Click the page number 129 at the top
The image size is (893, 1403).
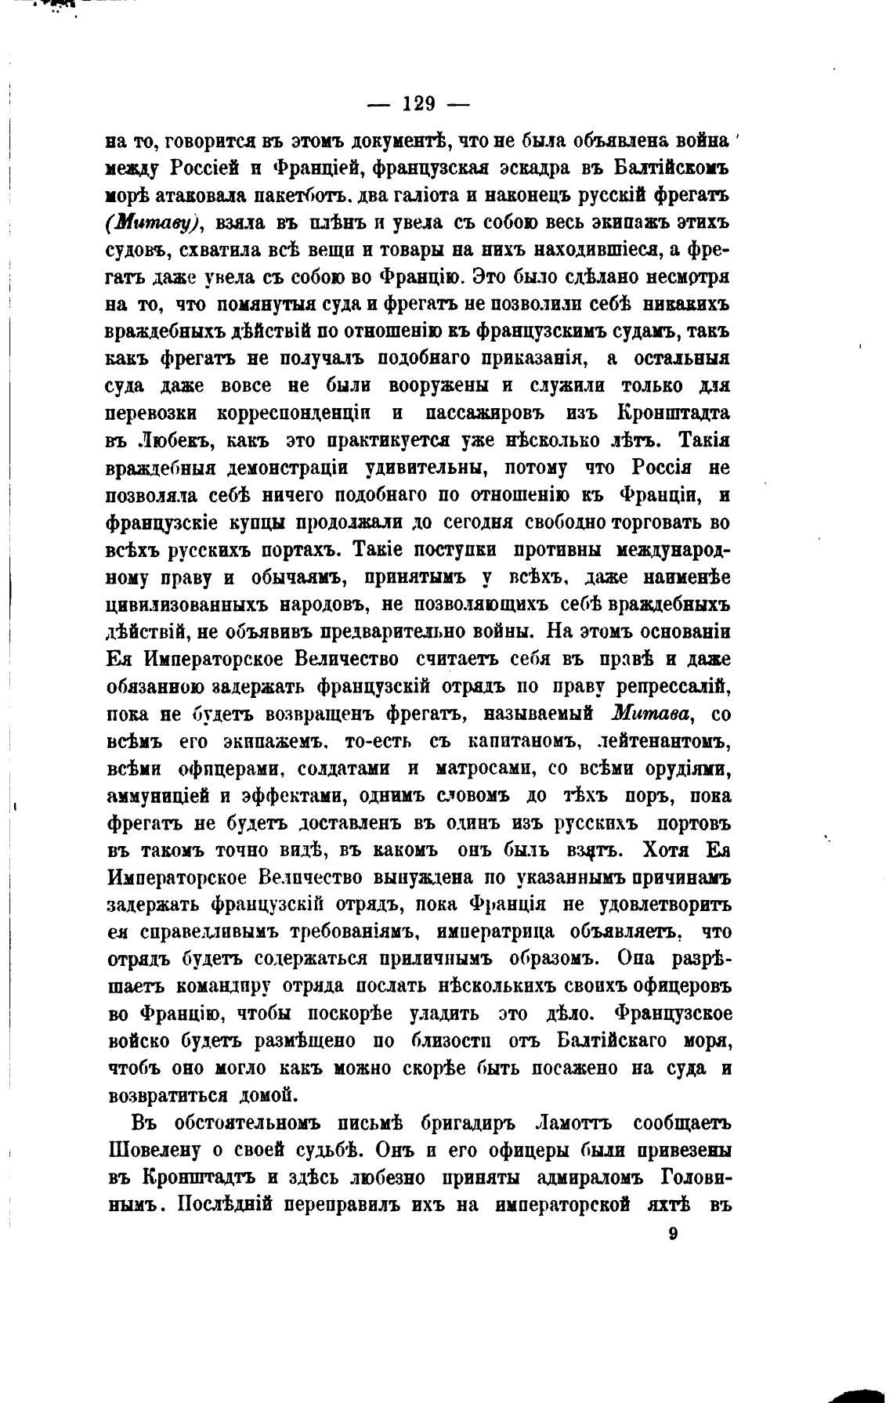click(418, 103)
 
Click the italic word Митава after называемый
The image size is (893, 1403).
click(655, 713)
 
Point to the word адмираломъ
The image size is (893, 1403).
click(584, 1177)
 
